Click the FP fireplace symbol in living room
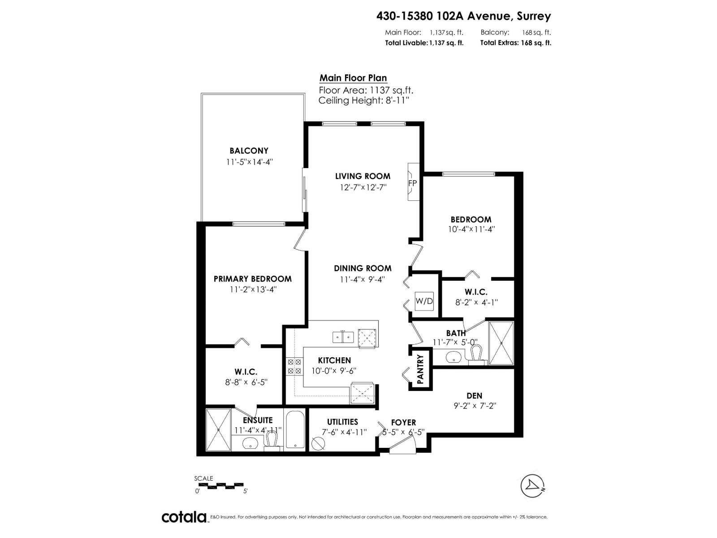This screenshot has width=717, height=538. tap(412, 183)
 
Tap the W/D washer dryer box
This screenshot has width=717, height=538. tap(424, 301)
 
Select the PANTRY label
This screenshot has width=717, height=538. tap(420, 370)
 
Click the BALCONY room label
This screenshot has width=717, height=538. tap(249, 151)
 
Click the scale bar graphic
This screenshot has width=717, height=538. tap(219, 485)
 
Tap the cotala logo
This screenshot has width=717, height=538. tap(184, 517)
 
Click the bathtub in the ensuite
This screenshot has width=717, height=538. tap(295, 430)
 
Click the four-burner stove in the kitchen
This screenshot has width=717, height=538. tap(294, 366)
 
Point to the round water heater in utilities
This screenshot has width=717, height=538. tap(318, 443)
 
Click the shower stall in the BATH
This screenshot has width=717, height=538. tap(501, 343)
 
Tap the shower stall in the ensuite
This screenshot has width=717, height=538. tap(218, 430)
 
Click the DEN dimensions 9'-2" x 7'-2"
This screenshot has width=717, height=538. tap(475, 406)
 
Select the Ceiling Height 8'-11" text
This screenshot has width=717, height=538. tap(363, 100)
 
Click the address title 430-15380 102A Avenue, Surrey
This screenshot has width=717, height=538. tap(463, 16)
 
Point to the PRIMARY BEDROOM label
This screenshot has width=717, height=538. tap(252, 279)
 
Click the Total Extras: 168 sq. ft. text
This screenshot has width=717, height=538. tap(515, 43)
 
